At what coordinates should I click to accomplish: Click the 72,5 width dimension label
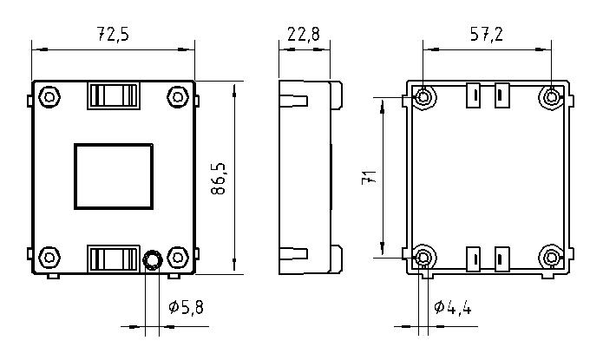[113, 34]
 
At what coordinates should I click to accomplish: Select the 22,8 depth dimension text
[304, 34]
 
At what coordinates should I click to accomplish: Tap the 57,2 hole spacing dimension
[487, 34]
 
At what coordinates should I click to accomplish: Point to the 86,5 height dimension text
[219, 179]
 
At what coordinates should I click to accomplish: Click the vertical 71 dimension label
[370, 177]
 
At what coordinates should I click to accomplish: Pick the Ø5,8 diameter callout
[187, 307]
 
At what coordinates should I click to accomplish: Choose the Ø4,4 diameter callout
[453, 307]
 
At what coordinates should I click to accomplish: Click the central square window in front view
[114, 177]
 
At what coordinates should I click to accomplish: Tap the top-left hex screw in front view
[49, 97]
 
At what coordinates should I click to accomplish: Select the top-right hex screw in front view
[178, 97]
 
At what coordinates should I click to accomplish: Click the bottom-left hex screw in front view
[49, 258]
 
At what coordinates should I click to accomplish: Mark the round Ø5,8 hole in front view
[153, 260]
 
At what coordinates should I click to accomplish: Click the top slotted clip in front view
[114, 95]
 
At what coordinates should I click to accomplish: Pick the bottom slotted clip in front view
[114, 259]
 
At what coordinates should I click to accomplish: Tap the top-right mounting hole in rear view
[552, 97]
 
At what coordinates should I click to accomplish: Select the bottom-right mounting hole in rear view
[552, 257]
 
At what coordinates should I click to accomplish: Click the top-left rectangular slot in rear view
[474, 95]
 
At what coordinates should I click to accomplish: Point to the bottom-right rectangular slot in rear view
[501, 259]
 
